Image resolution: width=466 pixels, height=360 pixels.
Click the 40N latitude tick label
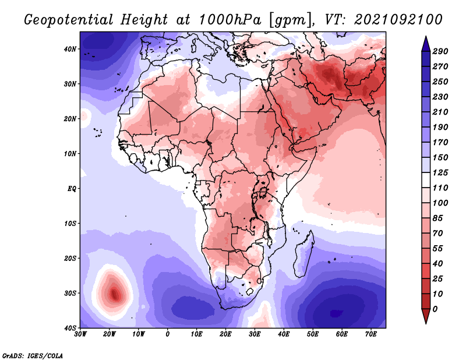(70, 49)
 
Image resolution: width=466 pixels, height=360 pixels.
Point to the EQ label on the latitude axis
(72, 189)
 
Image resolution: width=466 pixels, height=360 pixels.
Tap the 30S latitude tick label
(70, 294)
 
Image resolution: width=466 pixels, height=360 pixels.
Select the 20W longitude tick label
(109, 334)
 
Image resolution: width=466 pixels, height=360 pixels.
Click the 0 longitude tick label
(168, 334)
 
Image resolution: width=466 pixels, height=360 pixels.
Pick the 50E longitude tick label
(313, 334)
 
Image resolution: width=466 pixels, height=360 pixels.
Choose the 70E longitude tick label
(371, 334)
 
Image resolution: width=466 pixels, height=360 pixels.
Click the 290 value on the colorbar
(440, 51)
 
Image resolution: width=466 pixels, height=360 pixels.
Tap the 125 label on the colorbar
(440, 172)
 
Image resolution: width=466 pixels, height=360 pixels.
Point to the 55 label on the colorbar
(438, 249)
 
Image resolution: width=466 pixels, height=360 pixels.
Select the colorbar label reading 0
(435, 309)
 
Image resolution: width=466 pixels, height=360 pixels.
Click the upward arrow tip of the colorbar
(426, 37)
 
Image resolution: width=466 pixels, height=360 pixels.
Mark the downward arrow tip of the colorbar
(426, 323)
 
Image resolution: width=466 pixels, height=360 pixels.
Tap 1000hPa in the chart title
(230, 20)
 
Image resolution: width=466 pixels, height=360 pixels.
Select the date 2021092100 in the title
(398, 20)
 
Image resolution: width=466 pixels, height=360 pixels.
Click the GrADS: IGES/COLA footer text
(33, 355)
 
